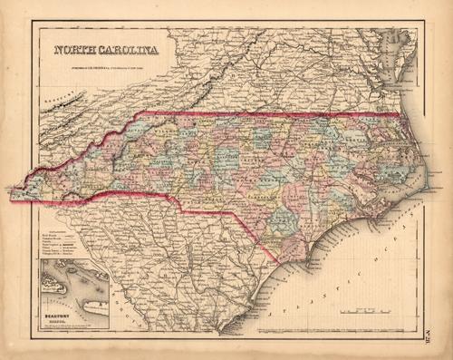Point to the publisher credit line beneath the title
click(107, 63)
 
